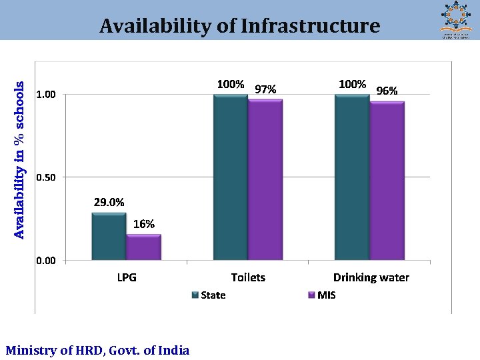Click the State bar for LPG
[x=109, y=236]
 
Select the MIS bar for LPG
[x=143, y=247]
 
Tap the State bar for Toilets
[x=230, y=177]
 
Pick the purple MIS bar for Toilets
[x=265, y=179]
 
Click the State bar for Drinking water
[x=352, y=177]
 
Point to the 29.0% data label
[x=108, y=203]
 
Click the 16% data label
[x=144, y=224]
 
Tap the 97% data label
[x=265, y=89]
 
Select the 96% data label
[x=387, y=91]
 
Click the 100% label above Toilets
[x=230, y=84]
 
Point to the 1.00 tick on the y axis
[x=46, y=95]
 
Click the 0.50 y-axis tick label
[x=46, y=177]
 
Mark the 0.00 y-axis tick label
[x=46, y=261]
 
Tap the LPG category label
[x=126, y=277]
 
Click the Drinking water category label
[x=371, y=277]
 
